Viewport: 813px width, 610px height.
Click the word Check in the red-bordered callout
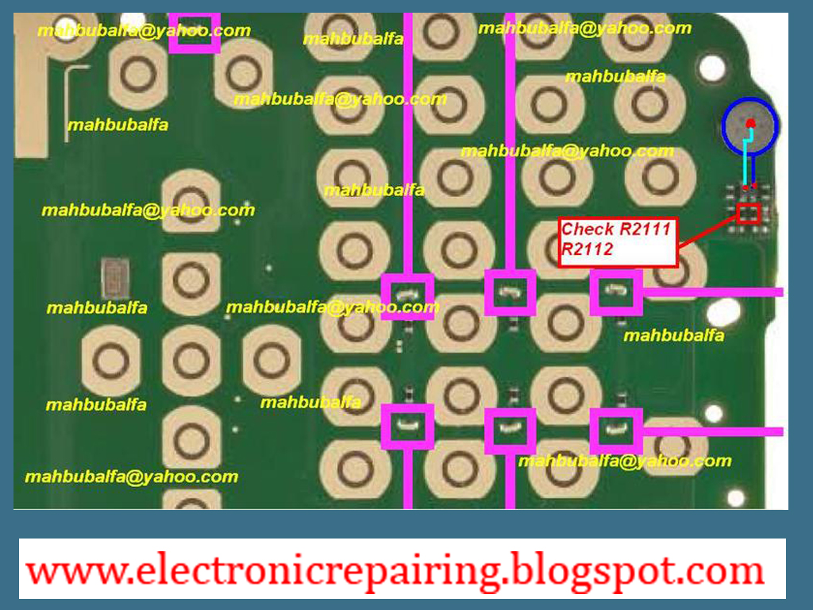(x=588, y=230)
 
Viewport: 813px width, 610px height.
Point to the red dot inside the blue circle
(x=750, y=122)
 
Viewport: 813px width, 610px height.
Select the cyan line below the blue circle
(x=745, y=163)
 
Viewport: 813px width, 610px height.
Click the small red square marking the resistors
(x=748, y=213)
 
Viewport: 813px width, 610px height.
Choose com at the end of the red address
(x=727, y=571)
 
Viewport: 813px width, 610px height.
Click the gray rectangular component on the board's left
(x=116, y=279)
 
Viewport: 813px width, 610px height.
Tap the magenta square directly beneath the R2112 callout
(x=615, y=292)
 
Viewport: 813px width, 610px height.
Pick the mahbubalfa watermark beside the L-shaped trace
(x=118, y=125)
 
